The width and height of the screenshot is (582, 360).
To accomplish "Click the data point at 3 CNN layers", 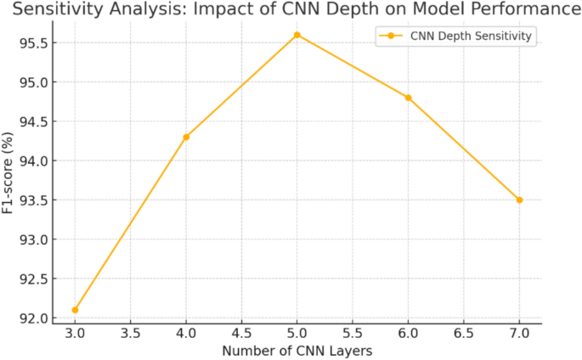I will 75,310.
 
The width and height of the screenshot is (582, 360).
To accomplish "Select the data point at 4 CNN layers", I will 186,137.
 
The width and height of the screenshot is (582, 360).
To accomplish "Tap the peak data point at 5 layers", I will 297,35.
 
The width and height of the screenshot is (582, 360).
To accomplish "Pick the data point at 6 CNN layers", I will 408,98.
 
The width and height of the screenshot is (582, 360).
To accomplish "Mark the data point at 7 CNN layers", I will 519,200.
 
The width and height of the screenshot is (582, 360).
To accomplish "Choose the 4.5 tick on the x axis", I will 241,333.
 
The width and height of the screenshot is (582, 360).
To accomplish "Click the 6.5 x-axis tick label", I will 464,333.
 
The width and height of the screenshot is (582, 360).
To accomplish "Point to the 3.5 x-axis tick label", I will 130,333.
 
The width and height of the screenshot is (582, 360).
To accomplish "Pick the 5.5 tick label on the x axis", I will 353,333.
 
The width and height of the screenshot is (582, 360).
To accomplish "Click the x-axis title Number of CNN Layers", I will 297,350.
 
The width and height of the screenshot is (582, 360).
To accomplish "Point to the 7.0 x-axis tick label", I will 519,333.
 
